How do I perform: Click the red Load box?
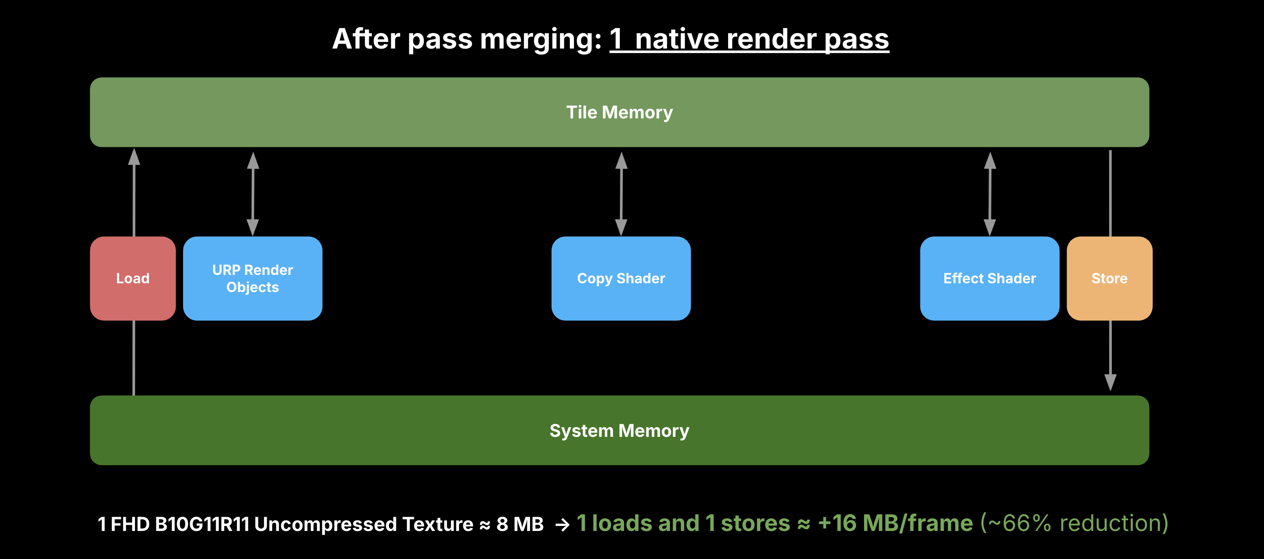click(x=133, y=279)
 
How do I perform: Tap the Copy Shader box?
click(x=621, y=279)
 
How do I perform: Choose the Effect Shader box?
click(x=989, y=279)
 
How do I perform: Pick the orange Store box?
click(x=1109, y=279)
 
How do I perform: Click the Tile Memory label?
click(x=619, y=113)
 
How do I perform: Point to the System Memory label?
click(x=619, y=431)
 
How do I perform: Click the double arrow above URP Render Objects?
click(x=253, y=194)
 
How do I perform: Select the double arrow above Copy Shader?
click(x=621, y=194)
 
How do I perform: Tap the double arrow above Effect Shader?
click(x=990, y=194)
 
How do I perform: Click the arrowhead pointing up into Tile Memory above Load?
click(x=134, y=157)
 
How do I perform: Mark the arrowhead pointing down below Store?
click(x=1111, y=382)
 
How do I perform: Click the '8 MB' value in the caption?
click(x=520, y=524)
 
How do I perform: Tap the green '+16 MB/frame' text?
click(x=895, y=523)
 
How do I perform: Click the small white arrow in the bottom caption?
click(x=562, y=525)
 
